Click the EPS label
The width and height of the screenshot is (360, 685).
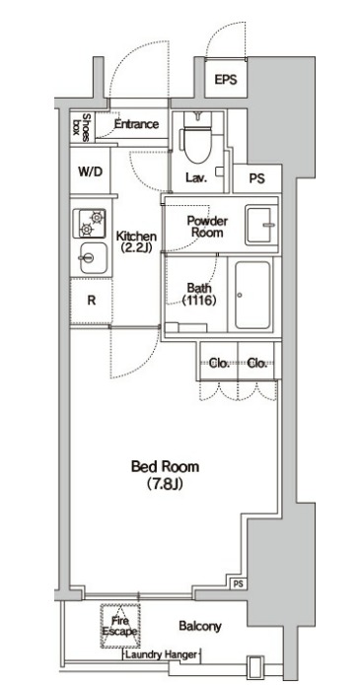click(226, 80)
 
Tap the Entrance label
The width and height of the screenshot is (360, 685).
click(136, 124)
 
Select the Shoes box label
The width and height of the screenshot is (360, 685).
click(81, 127)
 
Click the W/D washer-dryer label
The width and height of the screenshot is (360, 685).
click(91, 171)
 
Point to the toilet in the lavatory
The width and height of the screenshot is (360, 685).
click(197, 138)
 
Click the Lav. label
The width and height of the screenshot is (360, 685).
click(196, 177)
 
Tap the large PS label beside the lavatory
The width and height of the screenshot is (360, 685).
click(257, 178)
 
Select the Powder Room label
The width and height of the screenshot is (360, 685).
click(207, 227)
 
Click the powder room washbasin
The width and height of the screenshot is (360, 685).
click(261, 225)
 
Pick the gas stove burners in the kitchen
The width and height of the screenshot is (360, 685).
click(89, 223)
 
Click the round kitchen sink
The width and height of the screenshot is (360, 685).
click(93, 258)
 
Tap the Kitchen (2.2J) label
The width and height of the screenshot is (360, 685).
click(136, 242)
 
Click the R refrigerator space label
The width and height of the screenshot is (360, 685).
click(92, 301)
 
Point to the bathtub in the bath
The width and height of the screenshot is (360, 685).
click(252, 295)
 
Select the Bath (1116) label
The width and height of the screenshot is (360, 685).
click(199, 294)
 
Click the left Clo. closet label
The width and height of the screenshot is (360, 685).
click(219, 363)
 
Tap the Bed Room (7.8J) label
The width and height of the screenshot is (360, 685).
click(165, 474)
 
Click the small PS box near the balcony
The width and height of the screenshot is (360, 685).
click(238, 583)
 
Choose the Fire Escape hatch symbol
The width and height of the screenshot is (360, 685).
click(120, 626)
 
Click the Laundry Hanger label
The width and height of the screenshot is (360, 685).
click(162, 654)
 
